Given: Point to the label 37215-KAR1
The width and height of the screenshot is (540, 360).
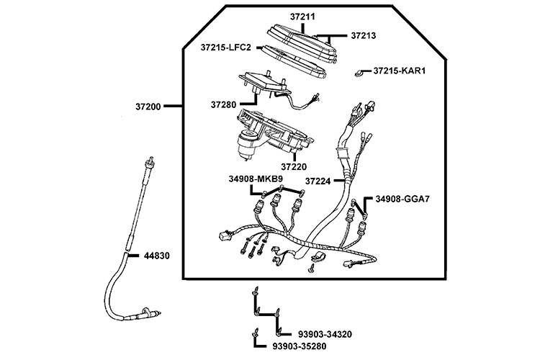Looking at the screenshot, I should click(401, 71).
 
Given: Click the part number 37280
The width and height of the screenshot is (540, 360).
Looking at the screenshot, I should click(224, 104).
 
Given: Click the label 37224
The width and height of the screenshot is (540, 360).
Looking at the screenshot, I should click(318, 181).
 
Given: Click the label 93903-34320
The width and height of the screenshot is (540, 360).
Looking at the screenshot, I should click(325, 335).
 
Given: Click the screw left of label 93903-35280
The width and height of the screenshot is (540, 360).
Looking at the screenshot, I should click(255, 336).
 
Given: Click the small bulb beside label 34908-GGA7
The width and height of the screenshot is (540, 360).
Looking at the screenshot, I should click(366, 215).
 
